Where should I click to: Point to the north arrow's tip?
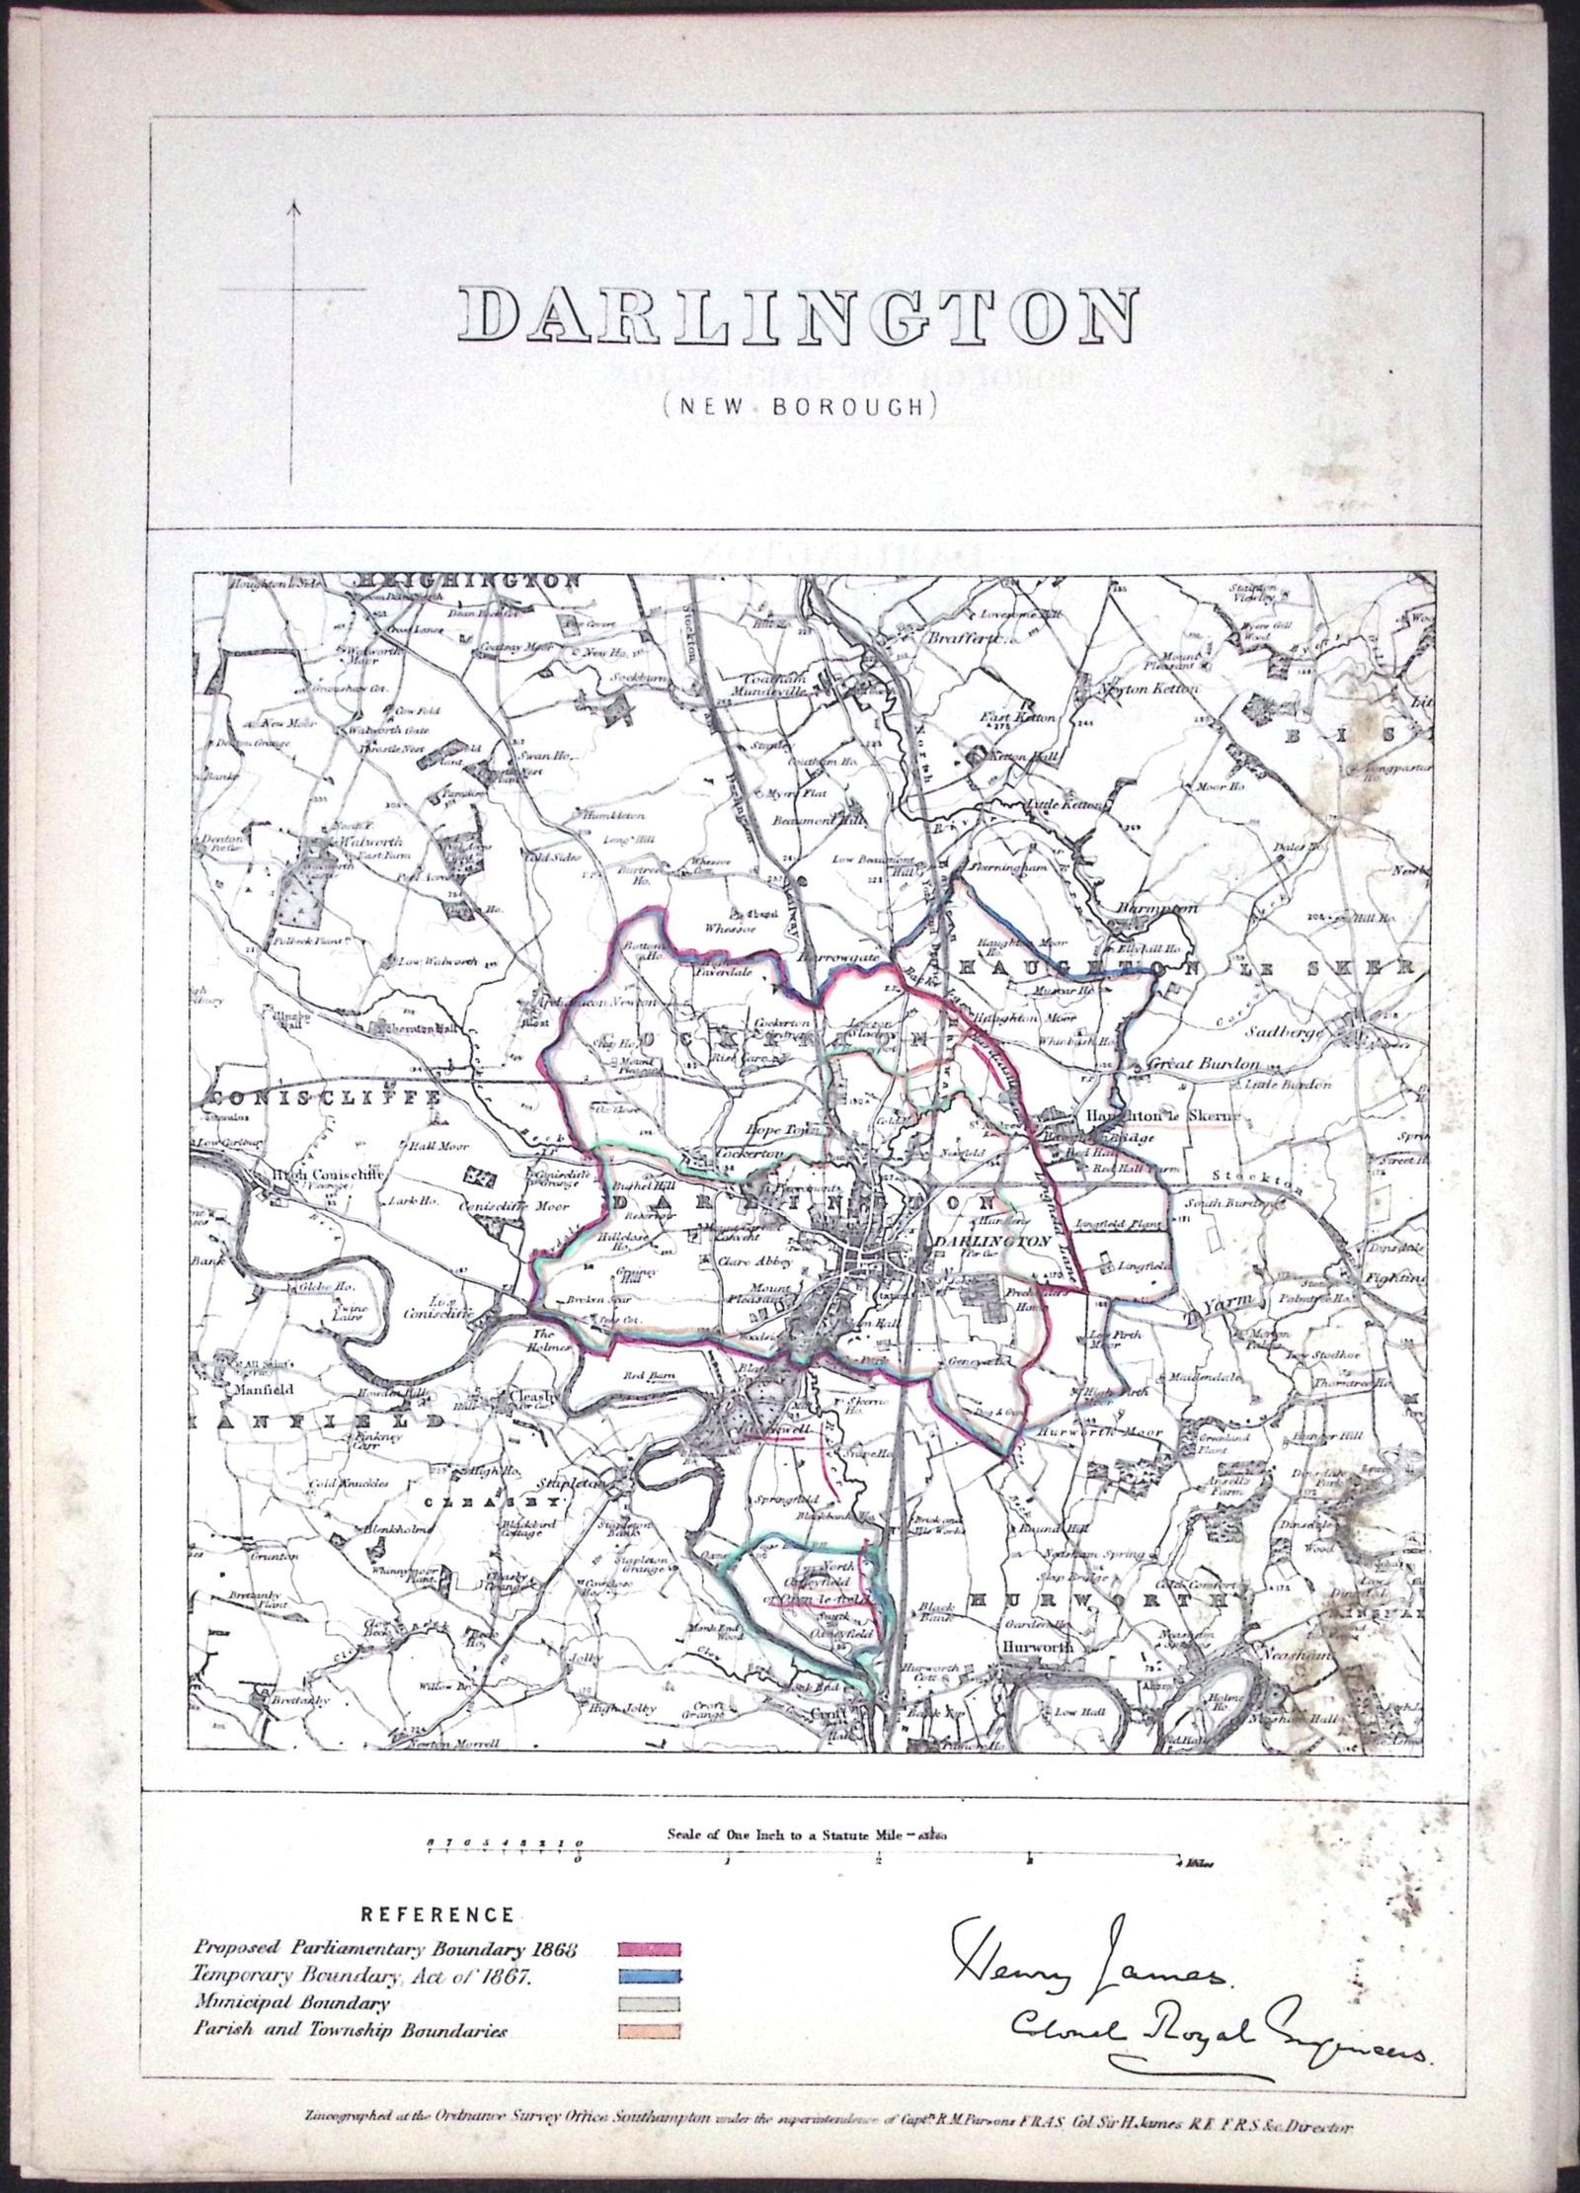coord(293,202)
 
